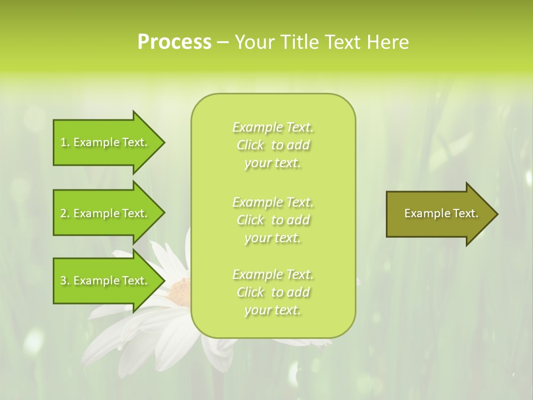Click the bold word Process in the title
[x=174, y=42]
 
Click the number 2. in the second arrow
[x=65, y=213]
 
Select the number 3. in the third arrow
[x=65, y=281]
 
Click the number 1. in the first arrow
[x=65, y=142]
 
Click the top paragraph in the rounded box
[x=273, y=145]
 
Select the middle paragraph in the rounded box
[x=273, y=220]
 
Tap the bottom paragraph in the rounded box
[x=273, y=292]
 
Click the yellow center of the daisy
[x=180, y=289]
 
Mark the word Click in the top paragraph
[x=250, y=146]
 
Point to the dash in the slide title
[x=223, y=43]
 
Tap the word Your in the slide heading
[x=253, y=42]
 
